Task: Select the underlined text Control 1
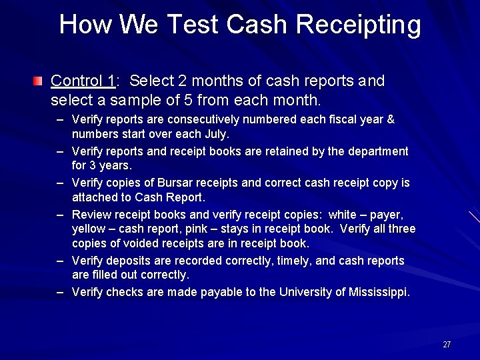83,81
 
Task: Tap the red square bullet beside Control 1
38,82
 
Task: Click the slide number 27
447,345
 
